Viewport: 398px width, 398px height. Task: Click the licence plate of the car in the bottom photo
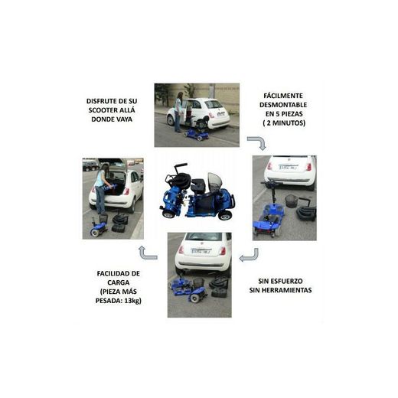pyautogui.click(x=201, y=250)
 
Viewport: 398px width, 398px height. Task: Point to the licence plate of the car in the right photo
pyautogui.click(x=288, y=167)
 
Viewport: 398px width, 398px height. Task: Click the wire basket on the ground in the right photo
pyautogui.click(x=292, y=201)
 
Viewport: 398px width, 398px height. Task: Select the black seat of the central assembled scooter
pyautogui.click(x=197, y=185)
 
